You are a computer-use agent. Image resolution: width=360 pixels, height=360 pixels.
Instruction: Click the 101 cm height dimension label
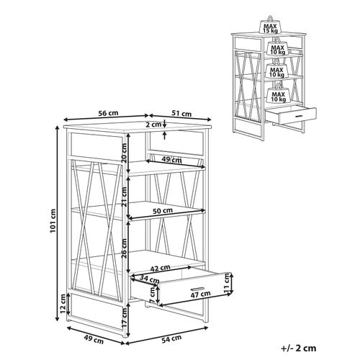[53, 221]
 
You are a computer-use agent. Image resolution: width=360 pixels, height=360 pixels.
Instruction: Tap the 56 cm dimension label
[109, 113]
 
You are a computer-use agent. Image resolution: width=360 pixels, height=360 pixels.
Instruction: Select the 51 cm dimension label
[181, 113]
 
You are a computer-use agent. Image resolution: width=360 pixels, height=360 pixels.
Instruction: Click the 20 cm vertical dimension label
[124, 153]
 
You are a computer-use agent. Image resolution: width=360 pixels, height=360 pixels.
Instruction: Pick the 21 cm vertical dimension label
[124, 197]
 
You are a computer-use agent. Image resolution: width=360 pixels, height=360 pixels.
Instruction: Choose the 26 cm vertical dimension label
[124, 248]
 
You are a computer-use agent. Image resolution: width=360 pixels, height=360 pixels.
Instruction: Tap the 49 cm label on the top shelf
[171, 159]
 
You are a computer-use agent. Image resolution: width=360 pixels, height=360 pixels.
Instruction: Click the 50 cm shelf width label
[163, 211]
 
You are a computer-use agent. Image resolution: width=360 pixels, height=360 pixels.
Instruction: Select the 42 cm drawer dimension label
[160, 268]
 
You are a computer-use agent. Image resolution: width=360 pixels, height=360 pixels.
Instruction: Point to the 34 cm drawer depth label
[149, 279]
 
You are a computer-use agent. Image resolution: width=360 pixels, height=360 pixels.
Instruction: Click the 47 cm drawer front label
[200, 294]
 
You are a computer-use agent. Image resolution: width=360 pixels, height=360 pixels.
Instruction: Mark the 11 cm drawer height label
[227, 284]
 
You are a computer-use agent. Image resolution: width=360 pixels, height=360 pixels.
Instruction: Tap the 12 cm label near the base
[63, 304]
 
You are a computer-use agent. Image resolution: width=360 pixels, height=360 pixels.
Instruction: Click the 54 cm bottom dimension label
[171, 338]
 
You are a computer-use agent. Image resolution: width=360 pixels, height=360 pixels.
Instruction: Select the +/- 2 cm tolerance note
[299, 348]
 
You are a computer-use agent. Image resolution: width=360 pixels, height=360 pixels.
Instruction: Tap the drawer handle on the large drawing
[197, 288]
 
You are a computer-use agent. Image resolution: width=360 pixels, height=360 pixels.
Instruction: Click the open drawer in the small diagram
[291, 115]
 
